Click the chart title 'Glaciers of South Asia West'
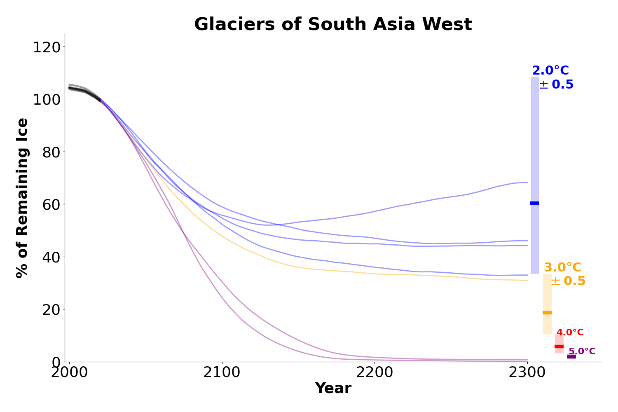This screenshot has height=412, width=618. point(333,25)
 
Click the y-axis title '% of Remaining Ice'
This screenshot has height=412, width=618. point(23,198)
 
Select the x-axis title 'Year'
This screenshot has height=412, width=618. point(333,389)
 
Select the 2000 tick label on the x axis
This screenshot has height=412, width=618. point(69,373)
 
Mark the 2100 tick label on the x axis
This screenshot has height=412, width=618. point(222,373)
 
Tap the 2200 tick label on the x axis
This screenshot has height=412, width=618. point(375,373)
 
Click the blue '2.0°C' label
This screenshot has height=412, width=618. point(550,71)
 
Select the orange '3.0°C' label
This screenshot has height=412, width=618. point(563,268)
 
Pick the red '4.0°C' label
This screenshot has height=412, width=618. point(570,332)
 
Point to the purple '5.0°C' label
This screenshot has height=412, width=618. point(582,351)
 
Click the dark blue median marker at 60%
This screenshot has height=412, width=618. point(535,203)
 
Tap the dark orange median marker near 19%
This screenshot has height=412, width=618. point(547,313)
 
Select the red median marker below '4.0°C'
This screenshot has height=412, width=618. point(559,346)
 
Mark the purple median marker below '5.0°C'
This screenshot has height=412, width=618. point(571,357)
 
